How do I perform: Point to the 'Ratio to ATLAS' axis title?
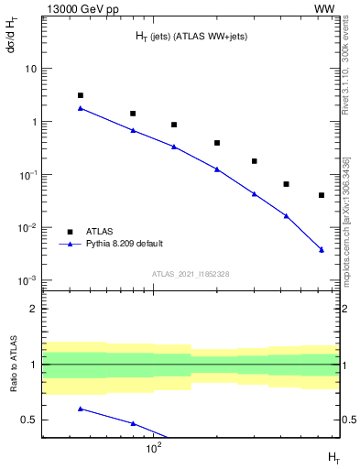[12, 364]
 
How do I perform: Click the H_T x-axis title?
[333, 455]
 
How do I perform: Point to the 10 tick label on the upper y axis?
[31, 69]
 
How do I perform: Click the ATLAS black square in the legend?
[69, 232]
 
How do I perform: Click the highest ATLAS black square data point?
[81, 95]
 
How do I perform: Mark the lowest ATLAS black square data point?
[322, 195]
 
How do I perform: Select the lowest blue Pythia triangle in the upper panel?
[322, 249]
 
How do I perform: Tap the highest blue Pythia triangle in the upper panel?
[81, 108]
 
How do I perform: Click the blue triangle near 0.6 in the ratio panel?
[81, 409]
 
